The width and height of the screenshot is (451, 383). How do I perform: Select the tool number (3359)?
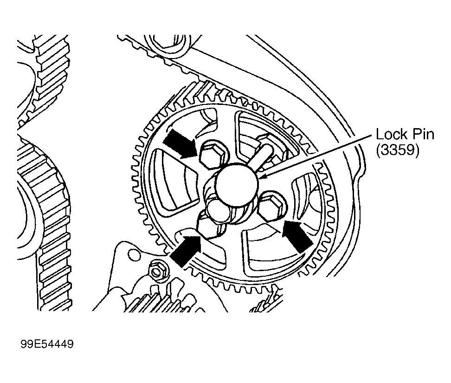click(x=398, y=152)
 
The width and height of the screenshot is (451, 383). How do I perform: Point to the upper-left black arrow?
click(x=182, y=142)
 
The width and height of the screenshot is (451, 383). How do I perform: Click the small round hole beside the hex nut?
click(x=135, y=253)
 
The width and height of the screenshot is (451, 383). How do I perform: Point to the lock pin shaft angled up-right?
click(x=262, y=149)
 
